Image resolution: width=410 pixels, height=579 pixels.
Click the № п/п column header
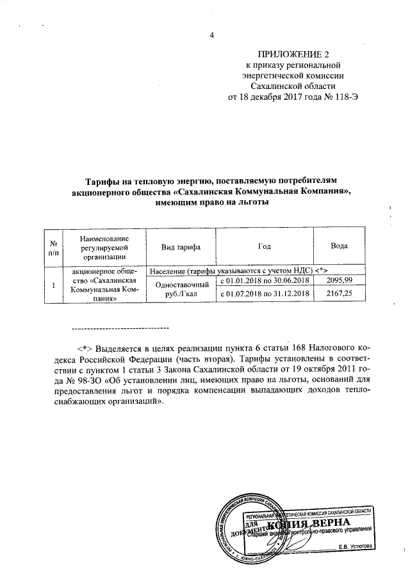point(54,248)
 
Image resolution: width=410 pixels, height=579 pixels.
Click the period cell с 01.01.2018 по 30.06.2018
point(265,280)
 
